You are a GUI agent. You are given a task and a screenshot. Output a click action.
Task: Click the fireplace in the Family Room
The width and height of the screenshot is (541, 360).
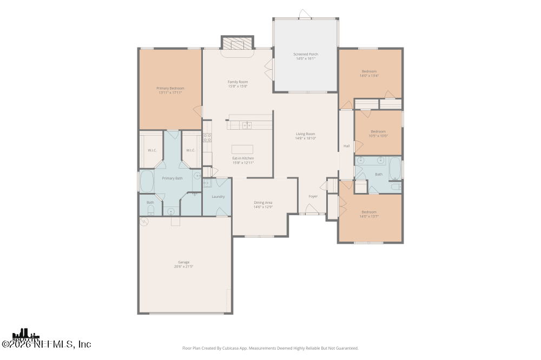tap(237, 43)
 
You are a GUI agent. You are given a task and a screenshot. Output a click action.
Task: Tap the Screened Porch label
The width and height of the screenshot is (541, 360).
tap(306, 55)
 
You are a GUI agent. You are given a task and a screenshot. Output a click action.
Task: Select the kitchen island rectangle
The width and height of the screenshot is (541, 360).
tap(242, 149)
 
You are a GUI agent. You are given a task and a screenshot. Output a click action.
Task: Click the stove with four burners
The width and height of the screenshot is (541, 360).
tap(207, 137)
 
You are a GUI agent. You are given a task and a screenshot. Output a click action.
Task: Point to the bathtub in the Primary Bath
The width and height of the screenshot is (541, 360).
tap(147, 182)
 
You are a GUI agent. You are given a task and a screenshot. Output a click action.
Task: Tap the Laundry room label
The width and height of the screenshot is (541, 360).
tap(218, 197)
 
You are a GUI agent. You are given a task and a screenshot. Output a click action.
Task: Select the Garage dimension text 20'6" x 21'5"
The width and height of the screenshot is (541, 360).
tap(184, 266)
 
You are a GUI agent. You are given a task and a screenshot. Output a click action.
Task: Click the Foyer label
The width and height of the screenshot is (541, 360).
tap(313, 196)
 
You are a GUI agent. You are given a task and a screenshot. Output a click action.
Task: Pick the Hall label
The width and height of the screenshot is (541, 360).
tap(346, 146)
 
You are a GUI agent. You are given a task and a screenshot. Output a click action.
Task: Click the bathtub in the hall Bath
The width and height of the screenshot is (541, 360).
tap(395, 168)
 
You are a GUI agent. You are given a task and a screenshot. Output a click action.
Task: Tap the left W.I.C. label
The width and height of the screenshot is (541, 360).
tap(151, 150)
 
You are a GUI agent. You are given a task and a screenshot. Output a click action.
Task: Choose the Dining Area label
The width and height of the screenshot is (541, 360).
tap(263, 203)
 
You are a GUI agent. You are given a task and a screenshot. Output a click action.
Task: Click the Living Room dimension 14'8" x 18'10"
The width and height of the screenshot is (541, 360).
tap(305, 138)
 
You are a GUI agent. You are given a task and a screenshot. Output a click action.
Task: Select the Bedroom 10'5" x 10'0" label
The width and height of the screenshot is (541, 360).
tap(378, 132)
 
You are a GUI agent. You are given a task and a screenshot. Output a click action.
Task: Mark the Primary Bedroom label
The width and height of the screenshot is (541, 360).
tap(170, 88)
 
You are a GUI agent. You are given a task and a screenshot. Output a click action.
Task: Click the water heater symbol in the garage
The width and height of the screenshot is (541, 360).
tap(144, 222)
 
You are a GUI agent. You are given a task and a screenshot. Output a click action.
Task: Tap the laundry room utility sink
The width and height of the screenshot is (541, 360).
tap(208, 184)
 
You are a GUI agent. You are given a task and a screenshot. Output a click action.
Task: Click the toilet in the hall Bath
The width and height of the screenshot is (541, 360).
tap(396, 186)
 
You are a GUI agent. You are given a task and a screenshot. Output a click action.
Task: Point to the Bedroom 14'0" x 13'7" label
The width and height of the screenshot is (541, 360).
tap(369, 212)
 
